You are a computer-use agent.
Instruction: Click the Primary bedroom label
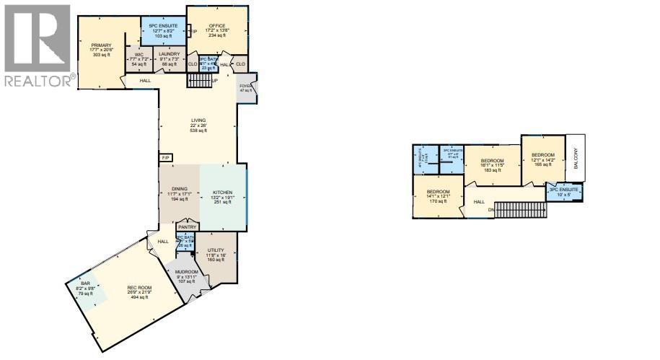[x=101, y=45]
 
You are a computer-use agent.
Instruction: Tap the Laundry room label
[x=170, y=54]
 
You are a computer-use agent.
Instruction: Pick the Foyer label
[x=246, y=87]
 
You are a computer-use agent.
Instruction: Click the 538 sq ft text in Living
[x=198, y=131]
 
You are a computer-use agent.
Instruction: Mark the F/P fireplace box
[x=165, y=157]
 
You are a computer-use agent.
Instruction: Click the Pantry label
[x=187, y=227]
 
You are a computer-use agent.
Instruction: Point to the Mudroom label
[x=186, y=272]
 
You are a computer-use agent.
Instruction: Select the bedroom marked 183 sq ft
[x=492, y=164]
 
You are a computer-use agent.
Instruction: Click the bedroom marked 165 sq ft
[x=542, y=159]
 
